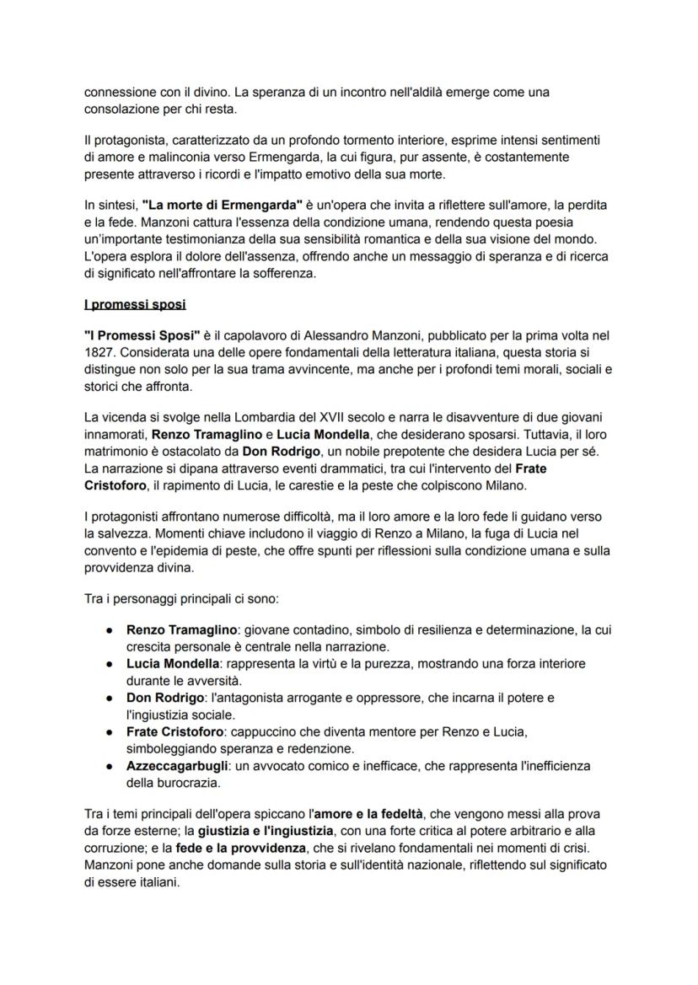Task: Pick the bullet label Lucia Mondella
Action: point(173,664)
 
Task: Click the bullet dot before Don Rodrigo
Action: point(110,699)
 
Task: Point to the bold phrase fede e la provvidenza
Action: point(231,849)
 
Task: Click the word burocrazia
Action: point(187,783)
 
